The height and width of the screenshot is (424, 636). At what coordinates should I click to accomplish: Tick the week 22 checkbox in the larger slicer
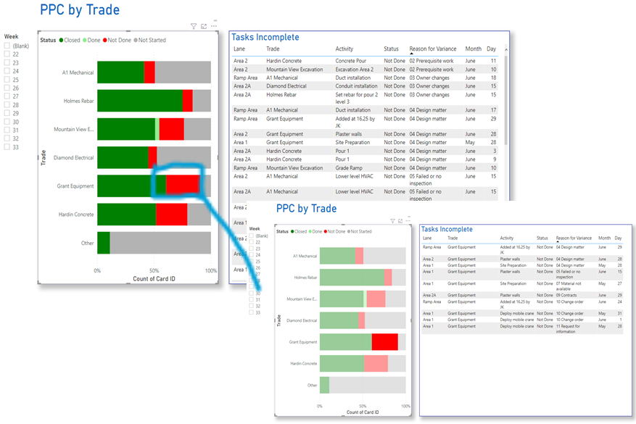tap(7, 54)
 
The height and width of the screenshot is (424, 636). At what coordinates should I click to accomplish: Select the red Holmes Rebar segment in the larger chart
tap(187, 101)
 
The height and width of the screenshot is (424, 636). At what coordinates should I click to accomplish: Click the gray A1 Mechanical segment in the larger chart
tap(183, 72)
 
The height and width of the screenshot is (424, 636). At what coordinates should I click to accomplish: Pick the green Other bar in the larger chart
tap(104, 243)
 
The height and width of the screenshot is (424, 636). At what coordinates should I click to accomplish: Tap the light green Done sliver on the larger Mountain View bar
tap(157, 129)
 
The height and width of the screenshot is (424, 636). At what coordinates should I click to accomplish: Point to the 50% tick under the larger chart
tap(154, 270)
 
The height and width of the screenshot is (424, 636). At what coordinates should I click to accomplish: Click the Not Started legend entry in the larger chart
tap(149, 41)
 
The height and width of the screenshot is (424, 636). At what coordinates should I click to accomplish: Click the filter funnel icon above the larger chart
tap(194, 26)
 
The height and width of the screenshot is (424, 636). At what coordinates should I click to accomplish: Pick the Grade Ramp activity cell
tap(350, 167)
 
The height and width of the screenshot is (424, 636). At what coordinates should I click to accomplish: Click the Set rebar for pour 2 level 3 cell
tap(356, 98)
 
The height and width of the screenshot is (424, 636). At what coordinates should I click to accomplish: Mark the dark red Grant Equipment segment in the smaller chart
tap(384, 342)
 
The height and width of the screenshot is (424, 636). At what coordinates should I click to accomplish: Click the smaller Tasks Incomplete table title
tap(446, 229)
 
